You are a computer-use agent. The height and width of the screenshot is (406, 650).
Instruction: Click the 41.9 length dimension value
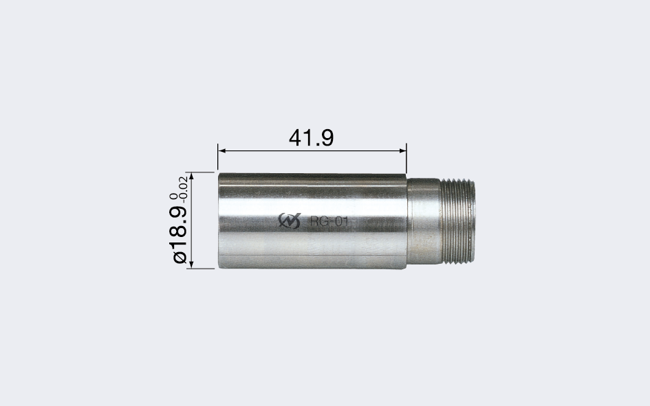[x=311, y=137]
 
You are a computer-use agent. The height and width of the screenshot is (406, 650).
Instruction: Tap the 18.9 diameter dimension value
[x=179, y=227]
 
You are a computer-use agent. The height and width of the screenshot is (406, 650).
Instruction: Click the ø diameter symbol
[x=180, y=257]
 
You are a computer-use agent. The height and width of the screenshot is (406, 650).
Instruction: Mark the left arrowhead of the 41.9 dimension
[x=221, y=150]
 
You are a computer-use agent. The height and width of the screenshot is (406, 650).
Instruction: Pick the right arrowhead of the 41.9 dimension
[x=402, y=150]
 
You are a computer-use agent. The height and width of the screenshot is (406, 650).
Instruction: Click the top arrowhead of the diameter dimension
[x=191, y=176]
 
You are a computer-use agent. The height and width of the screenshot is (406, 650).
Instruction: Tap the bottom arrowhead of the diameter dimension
[x=191, y=264]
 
